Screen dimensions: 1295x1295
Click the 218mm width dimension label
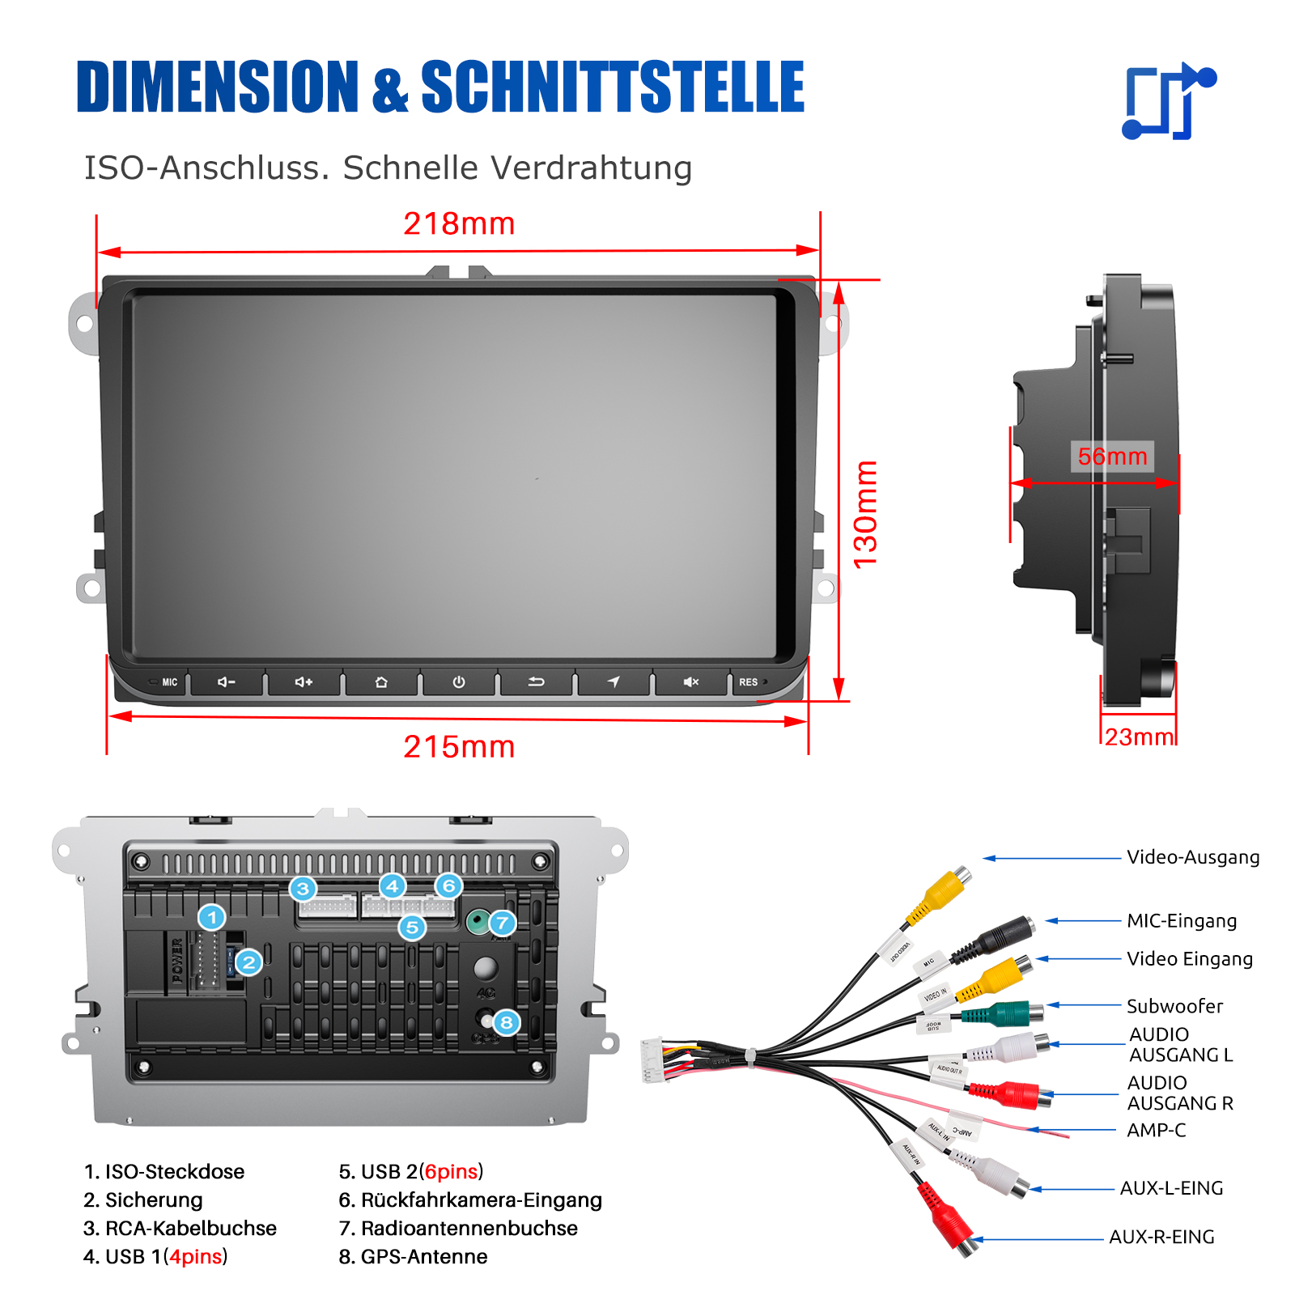[x=459, y=224]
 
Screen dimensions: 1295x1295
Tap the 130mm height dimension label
[x=865, y=514]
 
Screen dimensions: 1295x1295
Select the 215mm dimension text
[x=459, y=747]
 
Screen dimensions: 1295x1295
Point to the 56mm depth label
[x=1112, y=456]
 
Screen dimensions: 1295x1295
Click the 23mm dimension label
[x=1139, y=737]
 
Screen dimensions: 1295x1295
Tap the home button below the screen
[x=381, y=682]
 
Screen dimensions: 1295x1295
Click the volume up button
[x=304, y=682]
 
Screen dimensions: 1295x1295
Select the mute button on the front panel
[x=690, y=682]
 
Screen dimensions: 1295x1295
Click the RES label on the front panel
[x=748, y=682]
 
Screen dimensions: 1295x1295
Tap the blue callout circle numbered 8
[x=507, y=1022]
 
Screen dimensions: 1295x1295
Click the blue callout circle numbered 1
[x=212, y=918]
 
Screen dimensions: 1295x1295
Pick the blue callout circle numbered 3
[x=303, y=889]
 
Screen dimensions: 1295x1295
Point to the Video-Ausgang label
[x=1193, y=857]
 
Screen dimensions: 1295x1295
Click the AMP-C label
[x=1157, y=1130]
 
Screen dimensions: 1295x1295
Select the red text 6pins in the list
[x=451, y=1172]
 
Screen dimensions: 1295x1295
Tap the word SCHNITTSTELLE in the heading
[x=613, y=87]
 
